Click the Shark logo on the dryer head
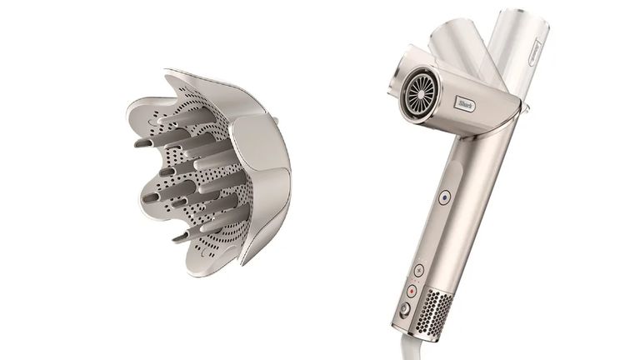(466, 103)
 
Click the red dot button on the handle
(411, 290)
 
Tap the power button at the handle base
(404, 310)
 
